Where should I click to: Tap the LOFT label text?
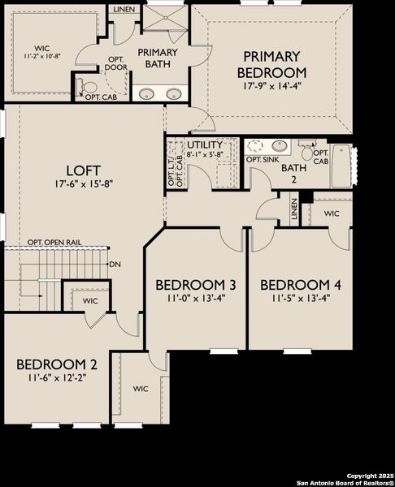tap(84, 170)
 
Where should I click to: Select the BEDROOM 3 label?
tap(196, 285)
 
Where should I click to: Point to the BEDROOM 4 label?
tap(300, 285)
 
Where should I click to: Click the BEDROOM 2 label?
tap(57, 363)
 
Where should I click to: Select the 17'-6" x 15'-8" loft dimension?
tap(84, 183)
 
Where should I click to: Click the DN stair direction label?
tap(115, 264)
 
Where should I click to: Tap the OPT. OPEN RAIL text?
tap(59, 242)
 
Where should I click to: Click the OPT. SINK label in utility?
tap(263, 160)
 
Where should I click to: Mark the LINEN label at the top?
tap(124, 10)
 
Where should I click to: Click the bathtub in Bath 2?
tap(341, 165)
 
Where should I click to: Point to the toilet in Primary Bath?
tap(89, 87)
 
